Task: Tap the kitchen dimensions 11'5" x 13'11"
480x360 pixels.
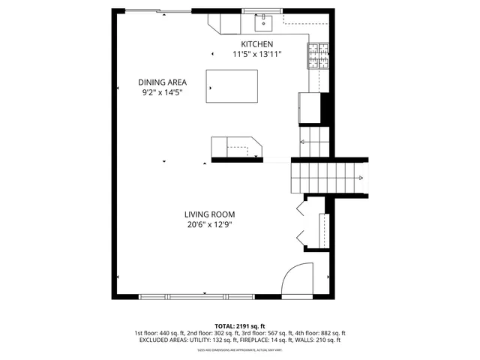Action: point(256,55)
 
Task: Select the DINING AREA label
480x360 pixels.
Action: point(162,82)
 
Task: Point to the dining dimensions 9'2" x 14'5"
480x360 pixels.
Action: point(162,92)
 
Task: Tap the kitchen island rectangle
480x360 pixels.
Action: point(232,87)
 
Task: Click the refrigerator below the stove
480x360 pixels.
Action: point(310,106)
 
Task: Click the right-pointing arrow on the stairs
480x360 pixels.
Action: point(361,178)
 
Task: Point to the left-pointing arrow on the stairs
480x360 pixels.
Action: point(302,142)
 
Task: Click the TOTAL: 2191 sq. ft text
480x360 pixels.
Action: point(241,325)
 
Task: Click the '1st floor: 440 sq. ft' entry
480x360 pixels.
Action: point(160,332)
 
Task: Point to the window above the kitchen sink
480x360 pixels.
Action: point(263,11)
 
